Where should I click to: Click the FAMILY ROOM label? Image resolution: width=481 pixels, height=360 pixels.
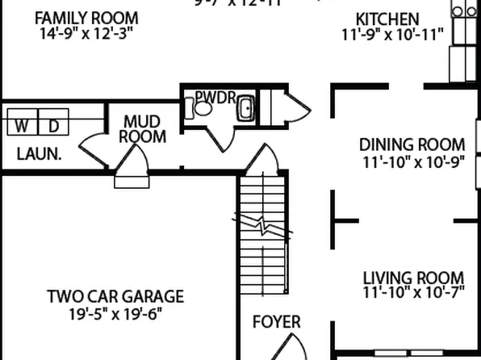[x=86, y=18]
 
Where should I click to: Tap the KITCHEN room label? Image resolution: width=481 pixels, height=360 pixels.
[x=388, y=19]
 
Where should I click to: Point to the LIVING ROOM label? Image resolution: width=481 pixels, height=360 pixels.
[x=413, y=277]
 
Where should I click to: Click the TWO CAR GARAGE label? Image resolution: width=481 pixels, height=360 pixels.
[x=115, y=296]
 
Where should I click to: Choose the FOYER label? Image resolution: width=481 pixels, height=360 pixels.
[x=276, y=322]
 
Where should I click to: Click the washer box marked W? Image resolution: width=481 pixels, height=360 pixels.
[x=22, y=125]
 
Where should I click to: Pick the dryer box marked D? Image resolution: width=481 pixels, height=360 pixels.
[x=54, y=125]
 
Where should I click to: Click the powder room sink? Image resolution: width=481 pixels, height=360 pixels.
[x=245, y=108]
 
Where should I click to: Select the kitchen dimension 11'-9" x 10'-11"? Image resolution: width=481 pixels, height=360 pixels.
[x=391, y=34]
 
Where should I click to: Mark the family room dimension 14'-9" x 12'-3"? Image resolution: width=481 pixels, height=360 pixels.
[x=86, y=34]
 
